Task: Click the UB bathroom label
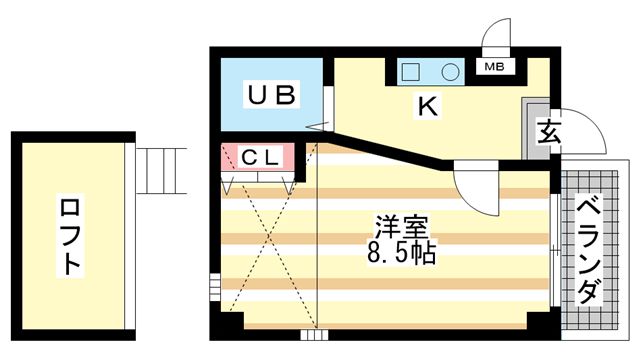[x=271, y=96]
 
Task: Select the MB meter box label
[x=494, y=68]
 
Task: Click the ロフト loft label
[x=71, y=237]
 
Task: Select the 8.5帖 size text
[x=401, y=253]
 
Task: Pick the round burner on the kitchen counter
[x=450, y=73]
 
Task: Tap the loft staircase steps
[x=161, y=170]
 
